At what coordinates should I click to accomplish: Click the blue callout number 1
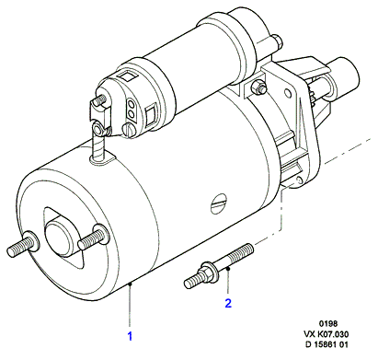point(130,336)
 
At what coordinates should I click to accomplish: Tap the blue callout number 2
point(228,303)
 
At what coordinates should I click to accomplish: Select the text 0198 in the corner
point(328,323)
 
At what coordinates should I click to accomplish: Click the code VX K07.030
point(326,334)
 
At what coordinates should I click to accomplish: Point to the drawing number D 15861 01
point(326,344)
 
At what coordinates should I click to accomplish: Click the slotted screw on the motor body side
point(219,203)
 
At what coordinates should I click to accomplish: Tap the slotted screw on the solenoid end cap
point(129,129)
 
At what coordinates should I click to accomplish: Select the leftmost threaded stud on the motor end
point(23,244)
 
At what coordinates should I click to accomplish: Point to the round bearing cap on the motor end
point(59,232)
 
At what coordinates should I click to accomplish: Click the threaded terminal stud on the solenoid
point(100,100)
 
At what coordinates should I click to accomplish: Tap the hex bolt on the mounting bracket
point(258,87)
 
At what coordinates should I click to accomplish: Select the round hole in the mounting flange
point(288,93)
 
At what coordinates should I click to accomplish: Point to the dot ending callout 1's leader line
point(130,285)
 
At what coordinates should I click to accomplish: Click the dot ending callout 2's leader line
point(228,269)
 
